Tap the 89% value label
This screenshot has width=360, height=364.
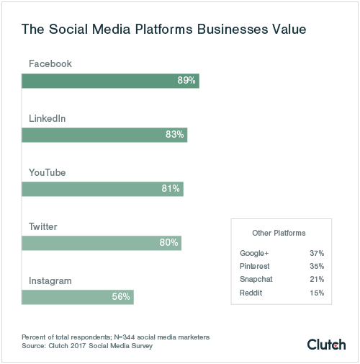pos(186,81)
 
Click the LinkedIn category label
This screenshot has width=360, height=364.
pos(48,118)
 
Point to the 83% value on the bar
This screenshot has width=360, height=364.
pos(175,135)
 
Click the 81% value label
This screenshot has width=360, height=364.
pos(171,189)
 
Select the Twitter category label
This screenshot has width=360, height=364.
pos(43,226)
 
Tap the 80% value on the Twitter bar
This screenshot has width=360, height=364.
pos(168,243)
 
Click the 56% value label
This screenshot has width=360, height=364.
pos(121,297)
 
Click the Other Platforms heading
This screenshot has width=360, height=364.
pos(279,234)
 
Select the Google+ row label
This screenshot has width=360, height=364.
pos(254,254)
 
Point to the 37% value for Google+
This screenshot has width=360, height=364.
pos(315,254)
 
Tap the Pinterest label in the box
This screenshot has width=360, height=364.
pos(255,267)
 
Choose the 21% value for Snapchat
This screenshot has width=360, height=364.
pos(315,280)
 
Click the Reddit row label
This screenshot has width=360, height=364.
pos(251,293)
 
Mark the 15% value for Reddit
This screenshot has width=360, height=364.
pos(315,293)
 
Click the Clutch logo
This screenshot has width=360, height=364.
pos(326,344)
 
